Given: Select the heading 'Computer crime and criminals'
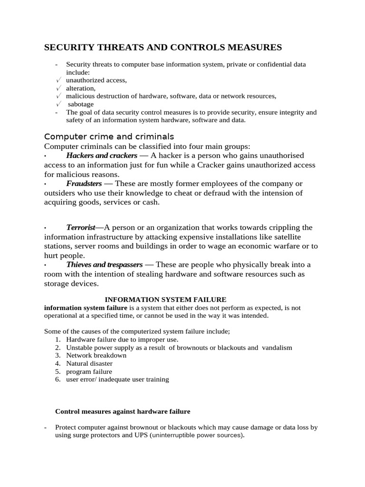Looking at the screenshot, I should coord(109,136).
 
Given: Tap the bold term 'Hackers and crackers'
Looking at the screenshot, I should coord(102,156).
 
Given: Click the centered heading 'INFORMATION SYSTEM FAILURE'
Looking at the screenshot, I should coord(165,299).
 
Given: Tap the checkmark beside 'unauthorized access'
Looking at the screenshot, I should coord(58,80).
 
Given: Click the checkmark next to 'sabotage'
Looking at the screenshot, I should coord(58,104).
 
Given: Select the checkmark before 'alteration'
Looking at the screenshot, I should coord(58,88).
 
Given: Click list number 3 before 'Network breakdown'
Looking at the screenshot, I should coord(58,355).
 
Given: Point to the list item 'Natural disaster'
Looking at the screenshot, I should coord(89,363).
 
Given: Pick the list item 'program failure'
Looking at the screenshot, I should coord(89,371).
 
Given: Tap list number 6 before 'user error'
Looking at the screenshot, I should coord(58,380).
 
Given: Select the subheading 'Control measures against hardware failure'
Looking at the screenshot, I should coord(123,411).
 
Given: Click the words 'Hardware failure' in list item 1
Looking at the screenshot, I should coord(89,340).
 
